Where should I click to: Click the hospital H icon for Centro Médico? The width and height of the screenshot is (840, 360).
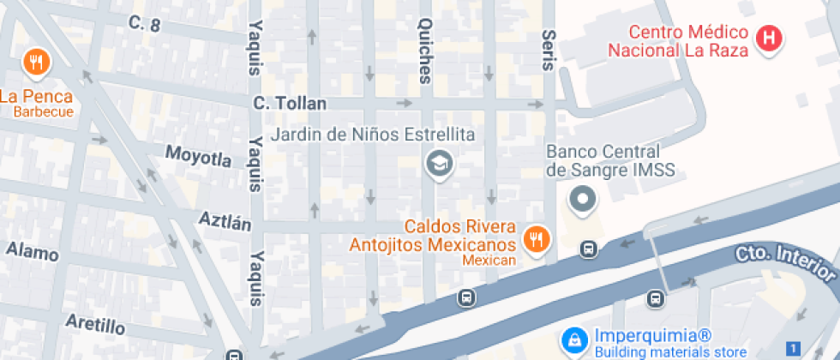click(x=770, y=39)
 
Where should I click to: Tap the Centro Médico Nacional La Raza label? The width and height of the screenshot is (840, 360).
click(x=679, y=41)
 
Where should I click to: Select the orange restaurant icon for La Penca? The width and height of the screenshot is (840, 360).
click(x=36, y=62)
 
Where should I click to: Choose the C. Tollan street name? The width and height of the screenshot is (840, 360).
click(x=290, y=104)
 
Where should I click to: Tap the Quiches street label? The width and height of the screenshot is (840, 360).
click(x=426, y=51)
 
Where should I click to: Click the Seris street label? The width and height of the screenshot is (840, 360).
click(x=549, y=52)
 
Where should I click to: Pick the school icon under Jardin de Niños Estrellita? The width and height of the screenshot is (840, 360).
click(x=440, y=163)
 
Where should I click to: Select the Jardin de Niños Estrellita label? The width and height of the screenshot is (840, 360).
click(x=374, y=135)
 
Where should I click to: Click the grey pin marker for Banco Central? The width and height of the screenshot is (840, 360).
click(x=583, y=201)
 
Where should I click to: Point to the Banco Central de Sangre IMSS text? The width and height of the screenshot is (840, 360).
click(x=610, y=160)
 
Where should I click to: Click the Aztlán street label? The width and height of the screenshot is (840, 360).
click(x=225, y=222)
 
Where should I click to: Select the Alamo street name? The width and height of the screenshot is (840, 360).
click(x=33, y=252)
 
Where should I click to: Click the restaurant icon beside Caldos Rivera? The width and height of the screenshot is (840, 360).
click(x=537, y=239)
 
